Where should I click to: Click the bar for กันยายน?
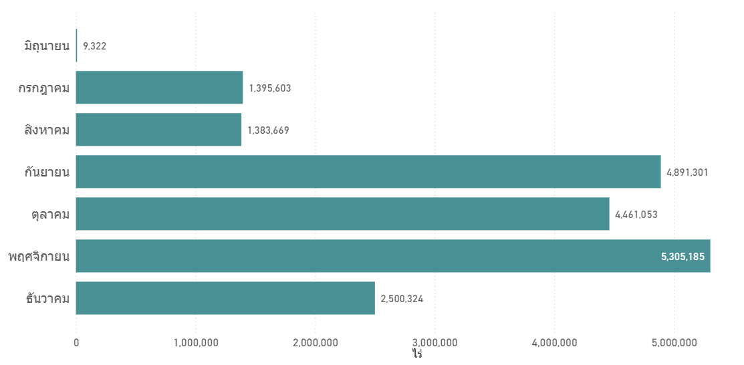coord(368,171)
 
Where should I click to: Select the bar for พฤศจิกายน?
coord(393,256)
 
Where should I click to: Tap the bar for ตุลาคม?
coord(342,214)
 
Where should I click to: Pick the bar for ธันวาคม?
coord(225,298)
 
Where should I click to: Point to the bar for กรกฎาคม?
coord(159,88)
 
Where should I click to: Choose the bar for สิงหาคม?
coord(158,130)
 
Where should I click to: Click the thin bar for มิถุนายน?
coord(76,45)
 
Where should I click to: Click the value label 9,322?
coord(95,46)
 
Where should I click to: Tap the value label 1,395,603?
coord(270,88)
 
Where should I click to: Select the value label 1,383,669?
coord(269,130)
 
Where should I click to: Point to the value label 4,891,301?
coord(688,172)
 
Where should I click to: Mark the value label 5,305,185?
coord(683,257)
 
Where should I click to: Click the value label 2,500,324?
coord(402,299)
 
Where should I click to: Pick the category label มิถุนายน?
coord(47,45)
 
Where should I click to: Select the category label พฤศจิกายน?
coord(39,256)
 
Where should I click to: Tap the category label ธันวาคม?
coord(48,298)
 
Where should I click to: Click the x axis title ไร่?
coord(418,354)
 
